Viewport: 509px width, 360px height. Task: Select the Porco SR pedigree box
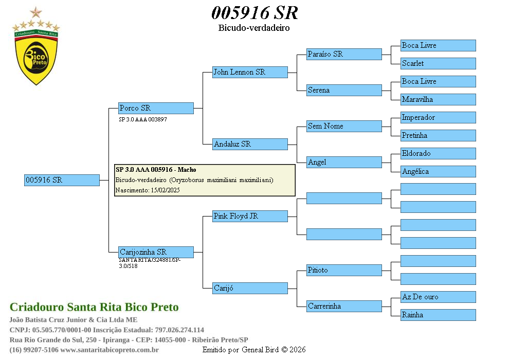[156, 108]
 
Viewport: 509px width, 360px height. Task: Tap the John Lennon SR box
[250, 72]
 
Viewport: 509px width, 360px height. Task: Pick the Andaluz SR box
[250, 144]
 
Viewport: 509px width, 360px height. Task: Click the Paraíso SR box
[344, 54]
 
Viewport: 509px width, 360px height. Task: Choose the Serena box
[344, 90]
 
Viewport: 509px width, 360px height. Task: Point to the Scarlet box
[438, 63]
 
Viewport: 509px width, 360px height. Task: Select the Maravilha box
[438, 99]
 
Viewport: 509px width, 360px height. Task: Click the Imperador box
[438, 117]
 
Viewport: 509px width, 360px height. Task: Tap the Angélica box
[438, 171]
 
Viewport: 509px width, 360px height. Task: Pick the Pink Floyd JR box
[250, 216]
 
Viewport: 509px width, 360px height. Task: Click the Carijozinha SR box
[156, 252]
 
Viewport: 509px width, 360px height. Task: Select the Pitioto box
[344, 270]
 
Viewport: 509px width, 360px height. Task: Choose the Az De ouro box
[438, 297]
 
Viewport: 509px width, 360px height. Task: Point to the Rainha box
[438, 315]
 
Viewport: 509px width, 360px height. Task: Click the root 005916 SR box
[62, 180]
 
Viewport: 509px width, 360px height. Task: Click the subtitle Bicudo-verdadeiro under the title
[254, 28]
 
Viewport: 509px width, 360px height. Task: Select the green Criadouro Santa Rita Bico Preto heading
[94, 308]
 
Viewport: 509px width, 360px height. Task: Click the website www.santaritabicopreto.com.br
[110, 350]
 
